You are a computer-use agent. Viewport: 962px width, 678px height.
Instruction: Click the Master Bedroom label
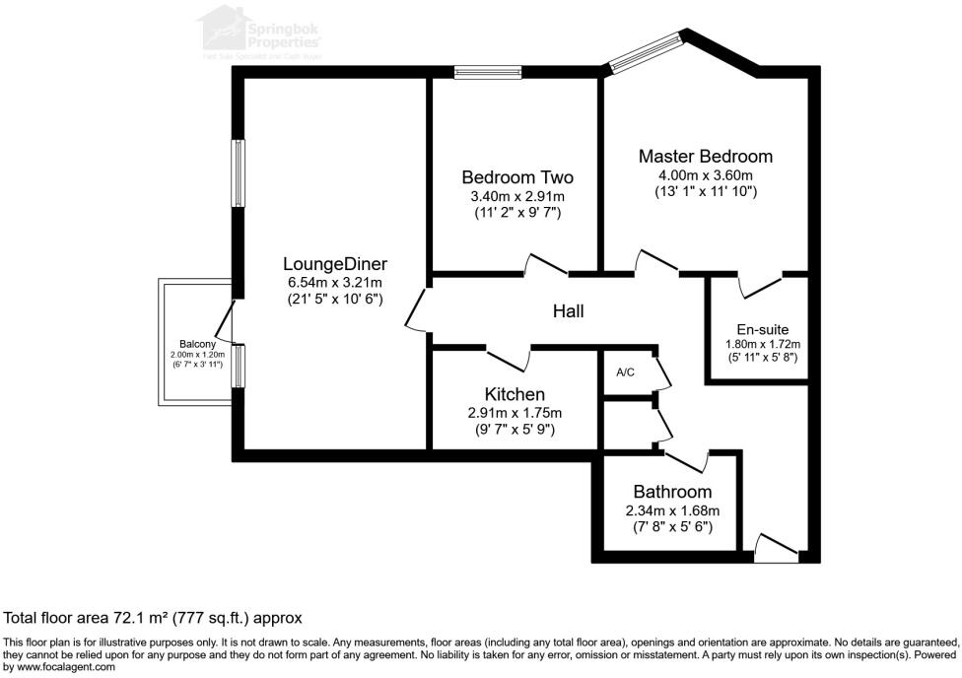tap(705, 156)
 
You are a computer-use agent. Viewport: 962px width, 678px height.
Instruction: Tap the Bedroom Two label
tap(517, 177)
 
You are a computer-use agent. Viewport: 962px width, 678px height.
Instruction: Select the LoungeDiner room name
tap(334, 263)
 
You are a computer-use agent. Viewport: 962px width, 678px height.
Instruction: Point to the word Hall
tap(569, 311)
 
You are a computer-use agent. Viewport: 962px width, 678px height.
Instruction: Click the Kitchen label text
tap(515, 394)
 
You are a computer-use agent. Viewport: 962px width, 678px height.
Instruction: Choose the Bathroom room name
tap(672, 492)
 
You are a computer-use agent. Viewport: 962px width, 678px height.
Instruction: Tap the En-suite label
tap(762, 329)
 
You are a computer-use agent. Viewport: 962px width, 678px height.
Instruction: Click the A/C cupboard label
tap(625, 373)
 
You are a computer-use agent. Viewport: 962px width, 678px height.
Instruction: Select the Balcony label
tap(197, 344)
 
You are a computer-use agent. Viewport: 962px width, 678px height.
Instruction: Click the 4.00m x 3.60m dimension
tap(705, 174)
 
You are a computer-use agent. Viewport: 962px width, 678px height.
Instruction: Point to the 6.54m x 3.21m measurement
tap(334, 281)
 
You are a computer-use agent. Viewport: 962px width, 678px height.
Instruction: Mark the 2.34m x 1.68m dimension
tap(672, 510)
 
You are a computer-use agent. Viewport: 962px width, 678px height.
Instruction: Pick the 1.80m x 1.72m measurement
tap(762, 344)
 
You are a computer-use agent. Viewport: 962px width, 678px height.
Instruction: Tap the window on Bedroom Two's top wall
tap(488, 71)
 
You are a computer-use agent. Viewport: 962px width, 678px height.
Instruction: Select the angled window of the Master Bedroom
tap(646, 52)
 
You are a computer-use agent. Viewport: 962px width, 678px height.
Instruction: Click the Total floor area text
tap(153, 618)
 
